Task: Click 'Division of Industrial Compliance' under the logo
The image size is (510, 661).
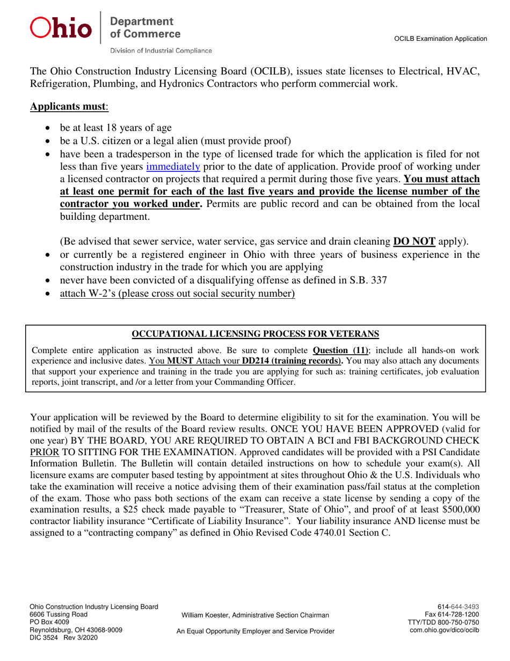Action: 161,51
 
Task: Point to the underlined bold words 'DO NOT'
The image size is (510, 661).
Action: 414,240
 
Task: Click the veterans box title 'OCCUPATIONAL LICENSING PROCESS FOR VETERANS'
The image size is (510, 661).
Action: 256,334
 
